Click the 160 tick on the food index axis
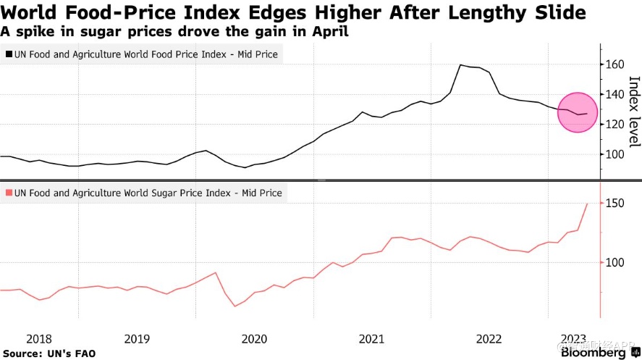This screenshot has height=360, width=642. coord(614,65)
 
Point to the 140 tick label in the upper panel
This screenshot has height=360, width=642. coord(614,95)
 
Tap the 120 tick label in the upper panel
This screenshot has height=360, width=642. coord(614,125)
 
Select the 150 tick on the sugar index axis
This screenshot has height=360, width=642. coord(614,204)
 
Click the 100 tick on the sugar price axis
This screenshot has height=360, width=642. coord(614,262)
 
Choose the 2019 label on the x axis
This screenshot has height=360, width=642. coord(137,339)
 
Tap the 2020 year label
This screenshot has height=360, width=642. coord(254,339)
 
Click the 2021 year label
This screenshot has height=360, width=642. coord(371,339)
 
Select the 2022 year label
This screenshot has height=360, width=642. coord(489,339)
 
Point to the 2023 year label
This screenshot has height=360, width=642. coord(574,339)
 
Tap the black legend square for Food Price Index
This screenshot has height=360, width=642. coord(9,54)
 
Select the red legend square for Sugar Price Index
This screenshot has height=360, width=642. coord(9,193)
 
